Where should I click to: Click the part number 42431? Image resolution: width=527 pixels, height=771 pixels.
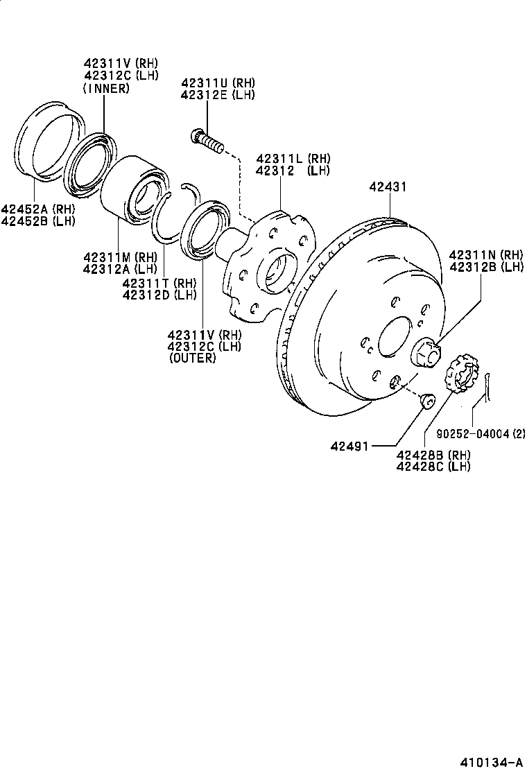pyautogui.click(x=388, y=187)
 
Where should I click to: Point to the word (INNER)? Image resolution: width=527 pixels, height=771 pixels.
pyautogui.click(x=105, y=88)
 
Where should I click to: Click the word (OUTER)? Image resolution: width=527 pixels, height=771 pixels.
pyautogui.click(x=192, y=358)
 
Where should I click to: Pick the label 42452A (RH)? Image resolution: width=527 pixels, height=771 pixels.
pyautogui.click(x=37, y=209)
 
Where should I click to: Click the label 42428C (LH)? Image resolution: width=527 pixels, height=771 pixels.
pyautogui.click(x=433, y=466)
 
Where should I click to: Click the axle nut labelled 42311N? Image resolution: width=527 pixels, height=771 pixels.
pyautogui.click(x=425, y=352)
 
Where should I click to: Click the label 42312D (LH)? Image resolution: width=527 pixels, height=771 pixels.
pyautogui.click(x=159, y=294)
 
